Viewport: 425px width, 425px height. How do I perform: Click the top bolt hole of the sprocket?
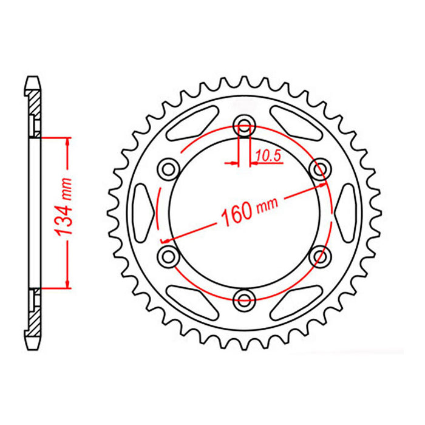click(244, 126)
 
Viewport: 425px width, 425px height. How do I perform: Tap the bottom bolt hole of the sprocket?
click(244, 298)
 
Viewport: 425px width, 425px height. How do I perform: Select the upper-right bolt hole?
click(318, 169)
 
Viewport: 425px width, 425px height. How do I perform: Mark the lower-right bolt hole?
click(318, 256)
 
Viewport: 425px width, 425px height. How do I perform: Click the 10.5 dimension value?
click(268, 156)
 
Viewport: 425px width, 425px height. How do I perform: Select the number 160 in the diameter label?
click(234, 214)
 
